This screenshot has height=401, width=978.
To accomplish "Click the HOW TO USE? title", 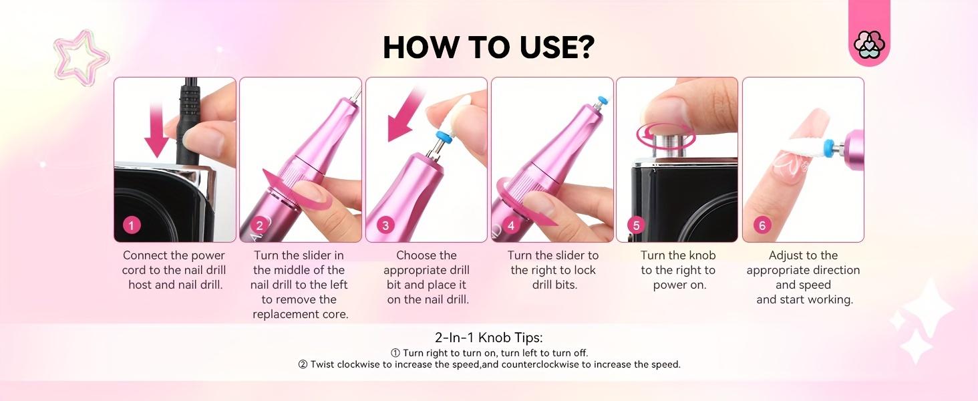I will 488,47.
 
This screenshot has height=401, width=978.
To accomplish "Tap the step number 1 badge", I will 132,225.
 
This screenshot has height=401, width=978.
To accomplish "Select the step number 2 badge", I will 260,225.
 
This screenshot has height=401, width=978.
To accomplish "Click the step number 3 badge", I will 385,225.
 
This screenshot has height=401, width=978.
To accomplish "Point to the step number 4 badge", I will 510,225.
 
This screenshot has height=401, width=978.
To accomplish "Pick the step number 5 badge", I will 636,225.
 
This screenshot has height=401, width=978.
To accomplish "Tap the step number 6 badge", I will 762,225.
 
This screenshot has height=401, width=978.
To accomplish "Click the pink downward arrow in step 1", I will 156,130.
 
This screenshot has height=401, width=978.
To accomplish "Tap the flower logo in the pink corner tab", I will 869,45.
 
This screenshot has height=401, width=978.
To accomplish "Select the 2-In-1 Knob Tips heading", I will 488,338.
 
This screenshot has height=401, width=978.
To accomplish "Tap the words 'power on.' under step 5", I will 679,285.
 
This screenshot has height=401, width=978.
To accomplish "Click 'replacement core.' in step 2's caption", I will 300,314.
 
